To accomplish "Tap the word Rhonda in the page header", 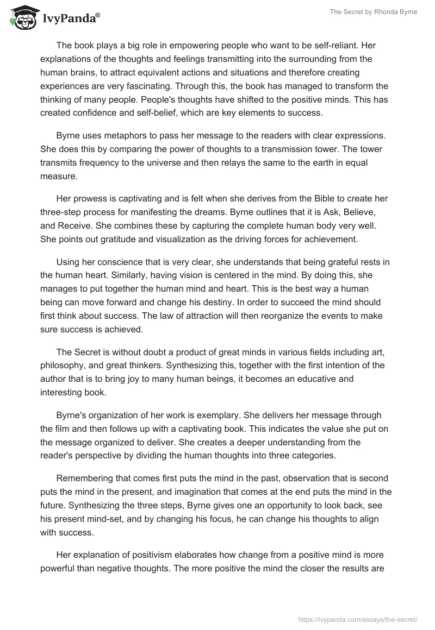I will click(x=383, y=12).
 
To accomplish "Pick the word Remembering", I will click(x=84, y=480).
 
